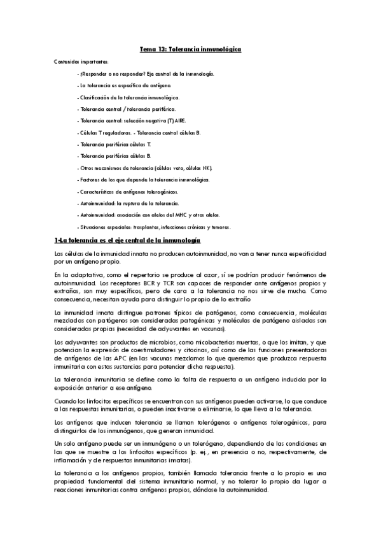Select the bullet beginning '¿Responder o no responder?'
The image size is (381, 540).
146,74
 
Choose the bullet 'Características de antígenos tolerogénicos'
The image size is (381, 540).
127,192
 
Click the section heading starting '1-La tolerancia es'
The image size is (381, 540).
127,241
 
